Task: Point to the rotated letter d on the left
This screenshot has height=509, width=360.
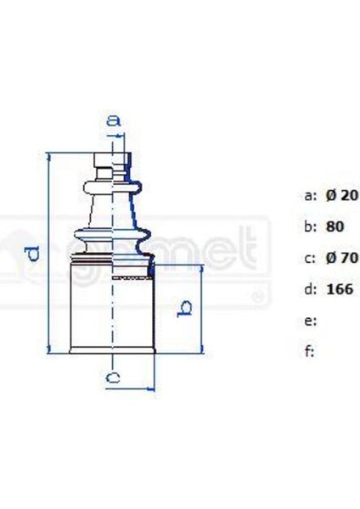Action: (32, 252)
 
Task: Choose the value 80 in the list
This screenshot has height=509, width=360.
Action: (335, 227)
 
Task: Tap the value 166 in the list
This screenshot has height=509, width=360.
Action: (339, 289)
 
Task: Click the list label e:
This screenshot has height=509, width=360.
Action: (310, 321)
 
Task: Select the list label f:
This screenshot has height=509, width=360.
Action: (309, 351)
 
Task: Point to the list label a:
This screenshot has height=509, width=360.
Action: (310, 195)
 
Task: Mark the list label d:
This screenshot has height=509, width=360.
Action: (310, 289)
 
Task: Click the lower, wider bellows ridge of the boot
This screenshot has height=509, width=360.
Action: (111, 232)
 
